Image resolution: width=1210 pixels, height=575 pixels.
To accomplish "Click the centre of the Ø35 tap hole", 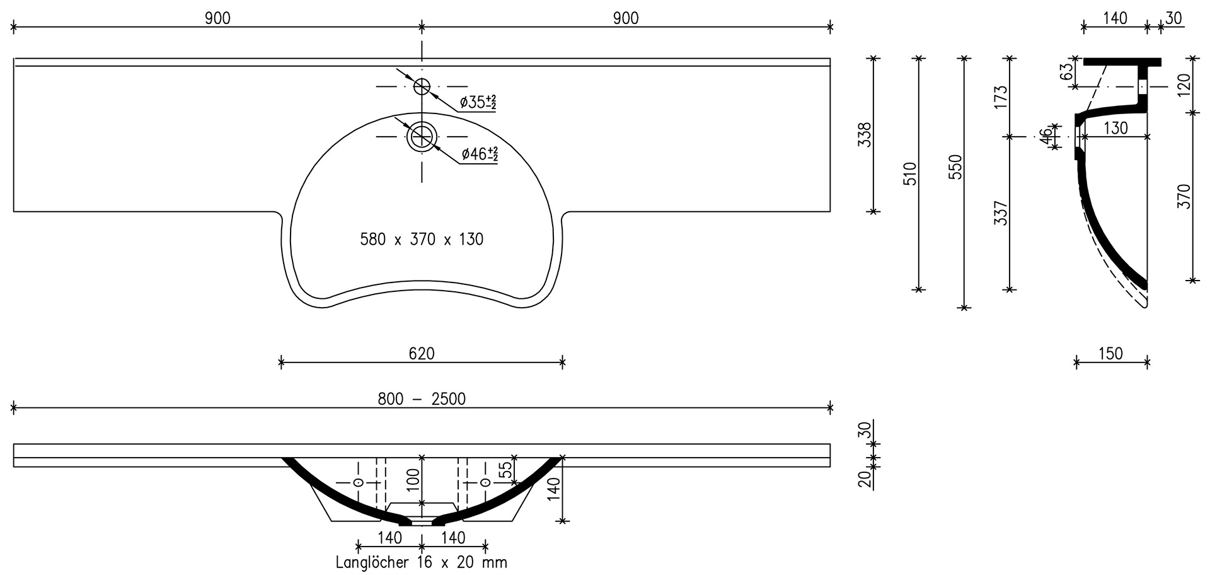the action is pyautogui.click(x=422, y=86).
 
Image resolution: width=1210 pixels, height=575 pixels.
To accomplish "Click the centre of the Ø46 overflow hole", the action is pyautogui.click(x=422, y=137).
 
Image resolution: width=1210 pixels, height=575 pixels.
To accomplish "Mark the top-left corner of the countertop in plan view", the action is pyautogui.click(x=14, y=59).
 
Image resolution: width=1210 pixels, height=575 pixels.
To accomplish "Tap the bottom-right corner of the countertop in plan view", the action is pyautogui.click(x=831, y=211).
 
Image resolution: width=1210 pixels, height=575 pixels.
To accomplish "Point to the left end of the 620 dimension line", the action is pyautogui.click(x=281, y=362).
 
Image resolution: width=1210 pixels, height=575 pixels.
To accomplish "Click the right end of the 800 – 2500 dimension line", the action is pyautogui.click(x=831, y=408).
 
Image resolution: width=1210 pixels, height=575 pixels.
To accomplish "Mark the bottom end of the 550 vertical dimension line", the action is pyautogui.click(x=964, y=308).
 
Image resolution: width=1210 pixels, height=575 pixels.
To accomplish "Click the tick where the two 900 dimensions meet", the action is pyautogui.click(x=422, y=26).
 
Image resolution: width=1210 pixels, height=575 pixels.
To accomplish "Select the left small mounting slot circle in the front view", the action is pyautogui.click(x=358, y=482).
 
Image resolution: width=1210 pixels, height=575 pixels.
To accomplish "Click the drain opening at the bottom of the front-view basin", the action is pyautogui.click(x=422, y=521).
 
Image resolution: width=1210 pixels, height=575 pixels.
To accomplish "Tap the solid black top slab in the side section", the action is pyautogui.click(x=1122, y=62).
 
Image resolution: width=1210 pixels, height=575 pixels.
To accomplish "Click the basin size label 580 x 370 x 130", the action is pyautogui.click(x=422, y=240).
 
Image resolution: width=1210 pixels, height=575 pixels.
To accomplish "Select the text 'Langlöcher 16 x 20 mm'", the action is pyautogui.click(x=422, y=562).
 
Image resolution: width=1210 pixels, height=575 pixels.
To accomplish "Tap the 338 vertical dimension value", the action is pyautogui.click(x=866, y=135).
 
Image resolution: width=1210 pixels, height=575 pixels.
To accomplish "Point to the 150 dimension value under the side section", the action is pyautogui.click(x=1110, y=354).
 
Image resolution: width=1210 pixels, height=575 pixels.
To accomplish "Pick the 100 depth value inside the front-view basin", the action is pyautogui.click(x=413, y=480).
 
